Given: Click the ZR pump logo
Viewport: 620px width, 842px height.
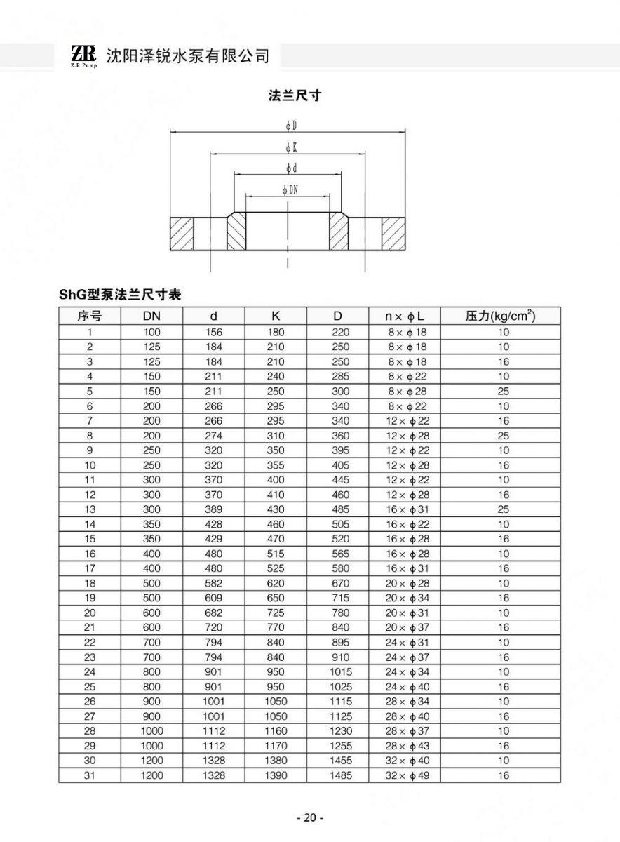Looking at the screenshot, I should [83, 55].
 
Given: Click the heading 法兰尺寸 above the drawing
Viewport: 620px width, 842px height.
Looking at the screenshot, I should [295, 95].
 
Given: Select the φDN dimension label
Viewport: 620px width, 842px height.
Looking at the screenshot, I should [289, 189].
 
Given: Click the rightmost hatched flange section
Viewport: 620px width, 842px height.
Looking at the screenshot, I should [393, 234].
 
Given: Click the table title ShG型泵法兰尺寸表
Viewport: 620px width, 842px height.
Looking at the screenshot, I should [120, 295].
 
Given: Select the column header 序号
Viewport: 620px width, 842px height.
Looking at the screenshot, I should [90, 316].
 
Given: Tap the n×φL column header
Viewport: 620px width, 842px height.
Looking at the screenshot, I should [407, 316].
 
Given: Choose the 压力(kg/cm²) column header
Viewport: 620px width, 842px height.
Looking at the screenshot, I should [500, 316].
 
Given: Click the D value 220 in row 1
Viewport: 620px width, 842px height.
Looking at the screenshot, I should [340, 332].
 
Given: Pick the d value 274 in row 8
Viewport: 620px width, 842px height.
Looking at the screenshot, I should [213, 436].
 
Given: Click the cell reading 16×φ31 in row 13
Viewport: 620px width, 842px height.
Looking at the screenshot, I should [407, 509].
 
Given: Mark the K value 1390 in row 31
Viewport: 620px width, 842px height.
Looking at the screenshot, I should [276, 775].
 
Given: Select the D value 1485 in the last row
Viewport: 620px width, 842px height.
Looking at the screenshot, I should [340, 775].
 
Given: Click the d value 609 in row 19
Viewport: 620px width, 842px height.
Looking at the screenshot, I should [213, 598].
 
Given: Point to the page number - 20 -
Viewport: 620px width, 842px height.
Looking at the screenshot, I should [309, 817].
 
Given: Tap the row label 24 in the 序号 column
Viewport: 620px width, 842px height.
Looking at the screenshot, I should [90, 672].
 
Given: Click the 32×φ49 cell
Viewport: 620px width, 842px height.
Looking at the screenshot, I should [407, 775].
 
